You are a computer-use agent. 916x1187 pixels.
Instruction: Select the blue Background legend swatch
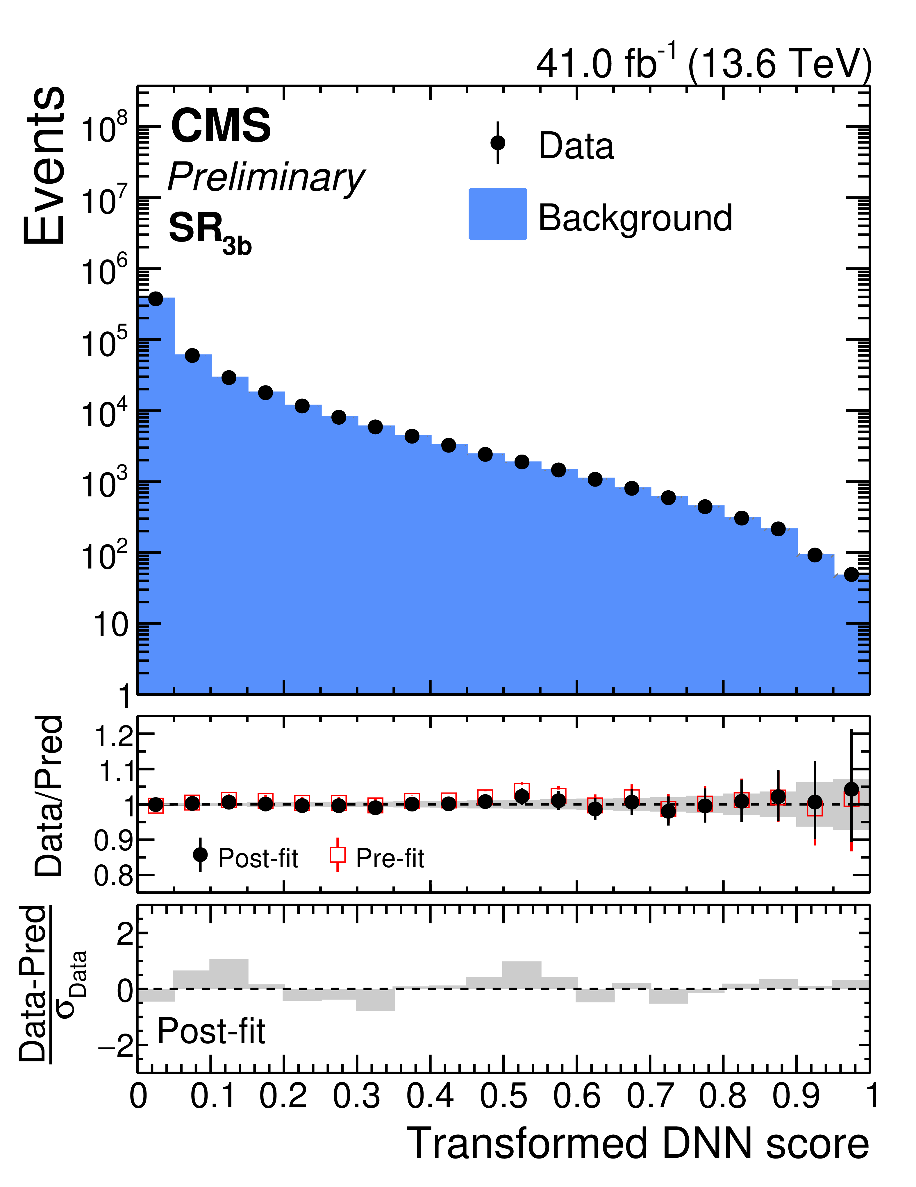[497, 214]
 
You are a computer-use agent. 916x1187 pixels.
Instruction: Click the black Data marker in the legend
[497, 143]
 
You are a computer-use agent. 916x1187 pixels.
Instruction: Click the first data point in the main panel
[156, 299]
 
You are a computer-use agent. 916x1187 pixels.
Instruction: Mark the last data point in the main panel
[851, 575]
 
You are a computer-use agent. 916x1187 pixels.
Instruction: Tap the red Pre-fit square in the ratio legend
[338, 855]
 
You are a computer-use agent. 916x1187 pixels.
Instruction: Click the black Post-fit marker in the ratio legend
[200, 855]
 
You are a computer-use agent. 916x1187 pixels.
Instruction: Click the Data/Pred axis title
[49, 796]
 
